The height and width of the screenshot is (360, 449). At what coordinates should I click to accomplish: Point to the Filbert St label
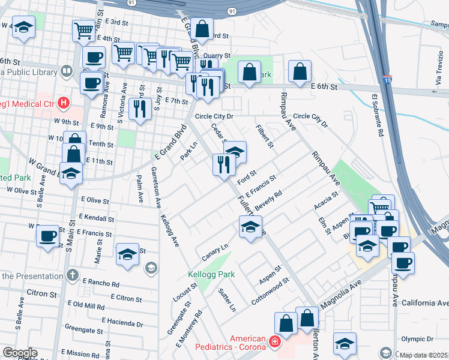pyautogui.click(x=265, y=137)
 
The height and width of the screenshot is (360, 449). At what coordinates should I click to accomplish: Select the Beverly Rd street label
pyautogui.click(x=268, y=201)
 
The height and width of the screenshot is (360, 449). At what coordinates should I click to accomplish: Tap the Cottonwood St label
pyautogui.click(x=270, y=290)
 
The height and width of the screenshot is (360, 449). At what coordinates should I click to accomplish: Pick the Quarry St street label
pyautogui.click(x=217, y=55)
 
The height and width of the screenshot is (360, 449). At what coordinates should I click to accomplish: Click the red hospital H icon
pyautogui.click(x=62, y=103)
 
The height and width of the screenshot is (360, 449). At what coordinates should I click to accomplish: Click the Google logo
pyautogui.click(x=20, y=353)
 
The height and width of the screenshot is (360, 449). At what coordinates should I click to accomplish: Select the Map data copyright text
pyautogui.click(x=424, y=355)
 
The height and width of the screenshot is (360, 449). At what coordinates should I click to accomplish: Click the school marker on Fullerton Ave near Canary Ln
pyautogui.click(x=250, y=227)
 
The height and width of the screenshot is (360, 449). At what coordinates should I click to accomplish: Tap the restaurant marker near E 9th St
pyautogui.click(x=139, y=108)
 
